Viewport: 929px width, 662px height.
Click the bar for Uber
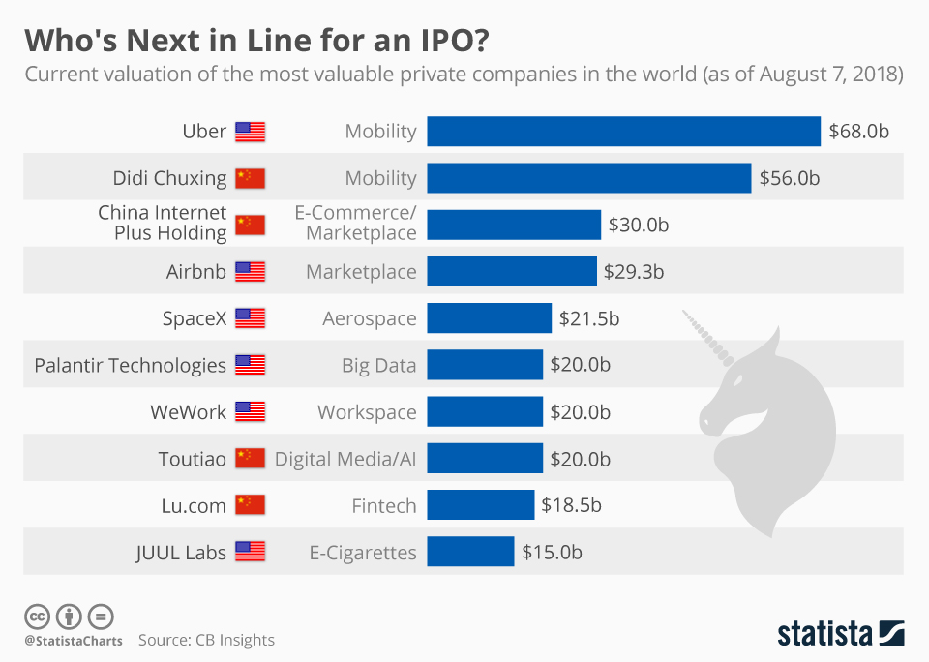tap(623, 131)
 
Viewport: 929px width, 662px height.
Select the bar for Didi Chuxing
tap(588, 178)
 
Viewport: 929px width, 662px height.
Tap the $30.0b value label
tap(639, 225)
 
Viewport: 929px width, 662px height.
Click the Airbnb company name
tap(195, 272)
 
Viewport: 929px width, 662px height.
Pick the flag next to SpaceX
tap(250, 318)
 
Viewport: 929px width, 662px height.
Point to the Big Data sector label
tap(378, 365)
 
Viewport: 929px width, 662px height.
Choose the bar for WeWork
tap(484, 412)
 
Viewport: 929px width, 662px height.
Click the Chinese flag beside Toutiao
tap(250, 459)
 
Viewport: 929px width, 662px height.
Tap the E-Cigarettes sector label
tap(363, 553)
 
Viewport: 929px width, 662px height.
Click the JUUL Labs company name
tap(181, 553)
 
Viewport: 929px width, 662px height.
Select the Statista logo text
tap(824, 634)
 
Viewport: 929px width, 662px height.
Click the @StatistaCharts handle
tap(74, 641)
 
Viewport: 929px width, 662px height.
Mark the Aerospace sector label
tap(370, 318)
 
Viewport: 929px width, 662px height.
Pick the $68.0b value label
tap(858, 132)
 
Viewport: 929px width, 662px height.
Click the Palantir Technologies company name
tap(130, 365)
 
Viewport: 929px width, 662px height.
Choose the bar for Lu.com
tap(480, 505)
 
